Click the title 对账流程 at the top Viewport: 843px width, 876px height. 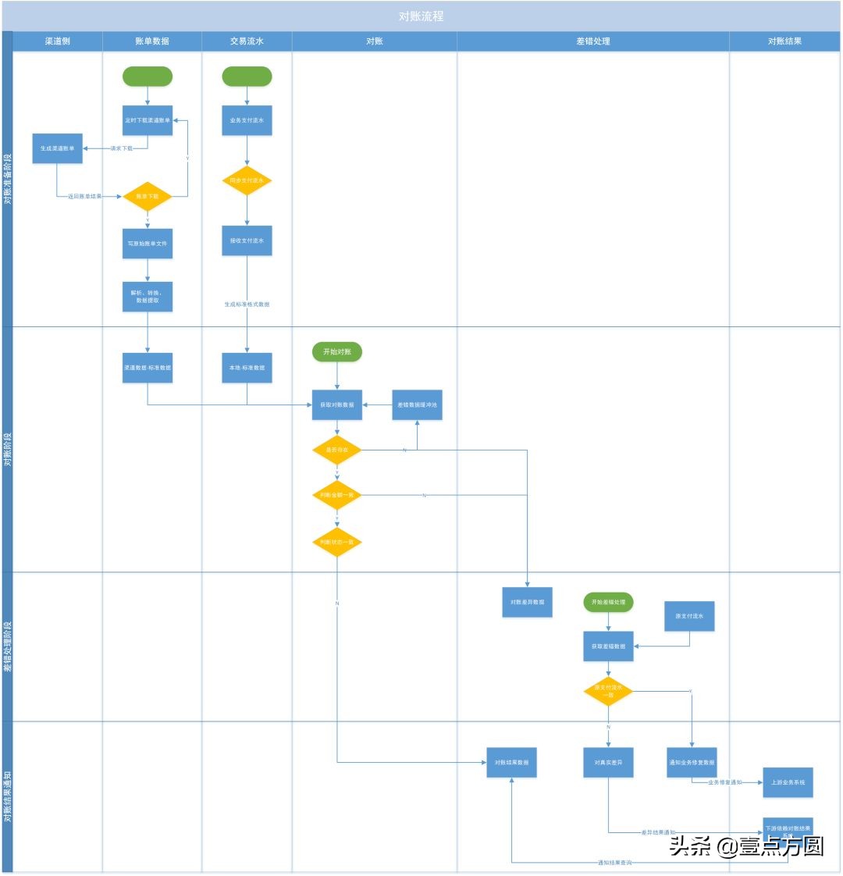tap(421, 16)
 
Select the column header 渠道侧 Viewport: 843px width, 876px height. tap(57, 41)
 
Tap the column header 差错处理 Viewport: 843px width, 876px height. tap(592, 41)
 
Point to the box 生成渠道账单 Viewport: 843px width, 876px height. tap(57, 148)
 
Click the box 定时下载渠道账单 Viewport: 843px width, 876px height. tap(148, 120)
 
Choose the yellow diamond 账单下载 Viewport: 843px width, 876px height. tap(148, 197)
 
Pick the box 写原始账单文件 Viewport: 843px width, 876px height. tap(148, 243)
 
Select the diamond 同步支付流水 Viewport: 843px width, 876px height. tap(247, 180)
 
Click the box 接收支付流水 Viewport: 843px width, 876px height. tap(247, 240)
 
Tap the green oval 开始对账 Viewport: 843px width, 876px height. tap(337, 352)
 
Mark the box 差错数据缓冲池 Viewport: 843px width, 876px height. tap(417, 405)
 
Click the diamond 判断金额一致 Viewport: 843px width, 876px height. tap(337, 495)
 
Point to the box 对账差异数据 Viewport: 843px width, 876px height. tap(527, 603)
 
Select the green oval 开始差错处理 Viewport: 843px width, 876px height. tap(608, 602)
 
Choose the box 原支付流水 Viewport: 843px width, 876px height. tap(690, 616)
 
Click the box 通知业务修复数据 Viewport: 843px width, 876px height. tap(692, 763)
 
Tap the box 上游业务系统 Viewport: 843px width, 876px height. tap(788, 782)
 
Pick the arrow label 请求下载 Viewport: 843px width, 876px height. tap(121, 148)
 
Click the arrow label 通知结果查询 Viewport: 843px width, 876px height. tap(614, 863)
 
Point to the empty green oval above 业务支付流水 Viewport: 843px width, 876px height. tap(247, 77)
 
